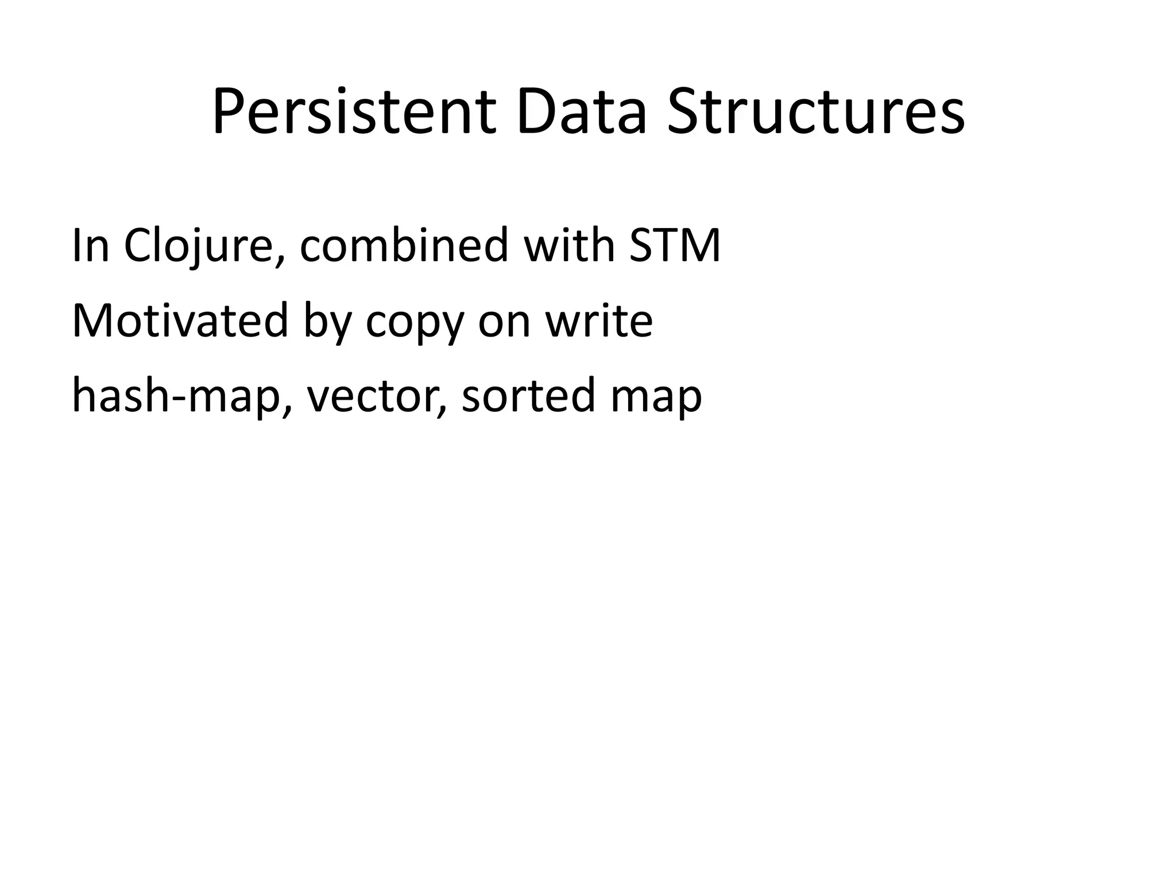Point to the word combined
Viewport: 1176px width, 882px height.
404,246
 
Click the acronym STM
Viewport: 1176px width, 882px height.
675,246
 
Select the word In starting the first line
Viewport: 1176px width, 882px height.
90,246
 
